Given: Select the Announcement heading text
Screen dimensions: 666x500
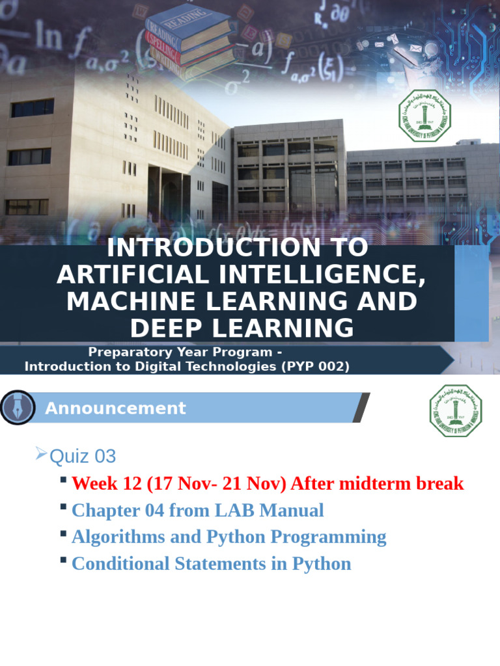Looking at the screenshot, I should (115, 408).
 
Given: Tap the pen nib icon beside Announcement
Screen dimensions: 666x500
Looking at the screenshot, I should (18, 408).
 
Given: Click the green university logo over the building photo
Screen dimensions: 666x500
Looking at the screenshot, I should (424, 116).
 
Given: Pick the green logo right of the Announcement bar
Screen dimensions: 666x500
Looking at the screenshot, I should (456, 410).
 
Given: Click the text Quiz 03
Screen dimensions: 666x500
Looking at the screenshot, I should (83, 456).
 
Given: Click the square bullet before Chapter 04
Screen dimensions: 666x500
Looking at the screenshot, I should (63, 507).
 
